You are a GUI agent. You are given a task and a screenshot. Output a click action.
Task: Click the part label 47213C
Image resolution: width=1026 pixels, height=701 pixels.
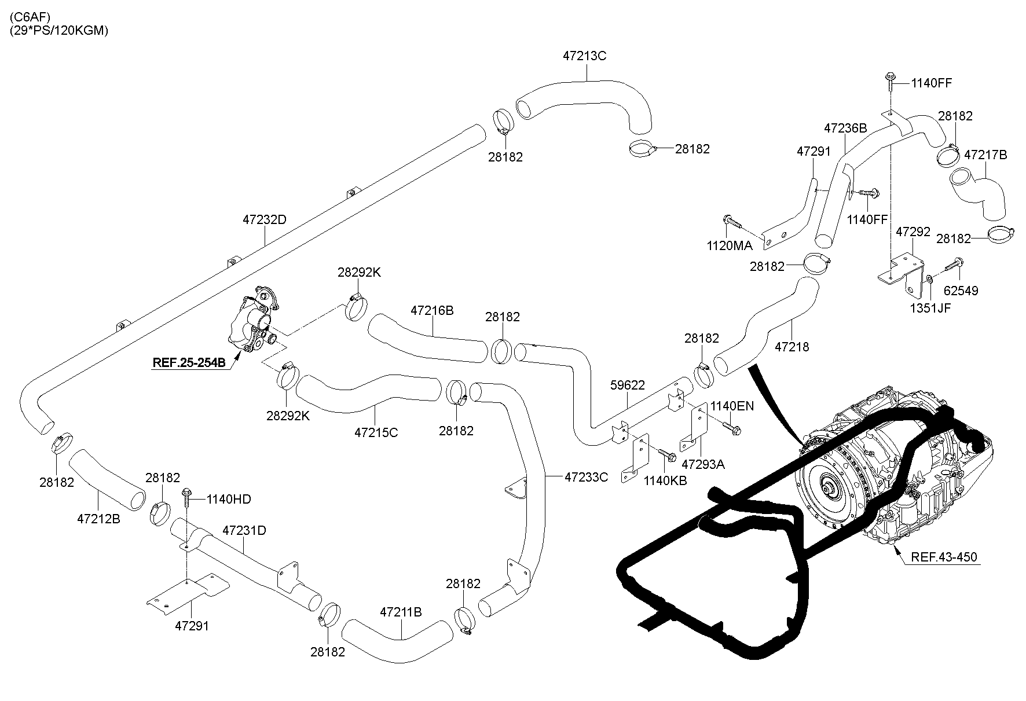tap(584, 56)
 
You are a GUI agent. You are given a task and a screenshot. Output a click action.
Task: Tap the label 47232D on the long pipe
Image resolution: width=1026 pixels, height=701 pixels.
tap(264, 220)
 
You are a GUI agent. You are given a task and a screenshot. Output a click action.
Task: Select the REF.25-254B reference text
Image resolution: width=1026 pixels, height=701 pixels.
tap(189, 363)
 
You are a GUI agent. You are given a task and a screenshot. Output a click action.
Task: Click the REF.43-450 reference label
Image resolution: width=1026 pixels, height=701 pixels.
tap(944, 557)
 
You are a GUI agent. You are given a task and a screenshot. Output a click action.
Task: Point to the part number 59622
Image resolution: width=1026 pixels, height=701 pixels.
tap(628, 385)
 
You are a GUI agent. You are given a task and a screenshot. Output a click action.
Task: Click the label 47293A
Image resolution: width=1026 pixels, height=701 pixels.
tap(703, 464)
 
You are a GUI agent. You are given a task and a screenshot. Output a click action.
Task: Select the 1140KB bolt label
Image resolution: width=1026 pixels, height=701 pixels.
tap(665, 480)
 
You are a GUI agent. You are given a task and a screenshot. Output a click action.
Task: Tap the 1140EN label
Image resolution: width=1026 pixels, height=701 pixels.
tap(732, 406)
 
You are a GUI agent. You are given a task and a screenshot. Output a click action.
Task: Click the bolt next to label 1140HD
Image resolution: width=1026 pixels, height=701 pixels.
tap(188, 499)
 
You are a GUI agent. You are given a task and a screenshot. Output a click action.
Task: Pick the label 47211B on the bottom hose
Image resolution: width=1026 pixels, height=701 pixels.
tap(401, 612)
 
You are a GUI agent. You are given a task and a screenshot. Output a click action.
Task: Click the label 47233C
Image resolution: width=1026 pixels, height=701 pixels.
tap(586, 477)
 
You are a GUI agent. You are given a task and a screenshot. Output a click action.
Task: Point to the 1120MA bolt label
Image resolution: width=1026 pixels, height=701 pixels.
tap(730, 245)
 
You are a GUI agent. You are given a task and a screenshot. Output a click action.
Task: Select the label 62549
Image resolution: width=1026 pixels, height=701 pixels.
tap(960, 291)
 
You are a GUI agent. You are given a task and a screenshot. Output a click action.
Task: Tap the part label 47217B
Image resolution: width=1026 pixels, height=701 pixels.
tap(985, 155)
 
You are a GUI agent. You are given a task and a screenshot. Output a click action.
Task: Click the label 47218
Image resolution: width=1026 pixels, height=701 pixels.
tap(792, 347)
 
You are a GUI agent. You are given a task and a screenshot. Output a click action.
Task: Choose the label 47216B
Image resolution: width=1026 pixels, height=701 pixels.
tap(432, 310)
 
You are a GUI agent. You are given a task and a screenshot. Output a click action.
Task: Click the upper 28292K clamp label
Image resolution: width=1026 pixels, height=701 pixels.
tap(359, 272)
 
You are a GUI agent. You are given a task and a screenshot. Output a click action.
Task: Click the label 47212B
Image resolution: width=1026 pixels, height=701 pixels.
tap(98, 519)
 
